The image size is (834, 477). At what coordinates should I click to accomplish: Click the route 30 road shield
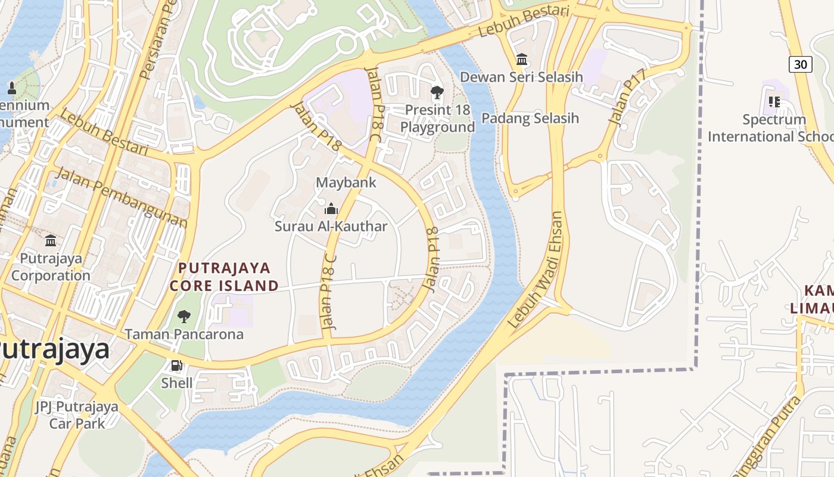point(801,64)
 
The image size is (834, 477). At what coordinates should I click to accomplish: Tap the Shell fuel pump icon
point(176,366)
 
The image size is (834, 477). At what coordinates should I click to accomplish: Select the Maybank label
point(346,182)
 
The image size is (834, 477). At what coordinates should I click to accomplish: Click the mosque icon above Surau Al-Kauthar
point(331,209)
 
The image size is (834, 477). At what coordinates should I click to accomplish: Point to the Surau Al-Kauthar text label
point(331,227)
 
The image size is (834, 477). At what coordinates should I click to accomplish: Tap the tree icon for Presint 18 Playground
point(437,92)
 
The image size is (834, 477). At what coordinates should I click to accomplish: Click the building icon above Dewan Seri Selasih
point(522,59)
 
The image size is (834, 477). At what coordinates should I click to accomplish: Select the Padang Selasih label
point(530,118)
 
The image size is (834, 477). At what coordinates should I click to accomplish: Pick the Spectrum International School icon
point(774,102)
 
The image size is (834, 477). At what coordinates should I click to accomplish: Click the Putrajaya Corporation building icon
point(51,241)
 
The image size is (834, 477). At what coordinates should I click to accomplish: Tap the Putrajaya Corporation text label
point(51,267)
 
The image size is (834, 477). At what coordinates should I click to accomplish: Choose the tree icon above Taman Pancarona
point(184,316)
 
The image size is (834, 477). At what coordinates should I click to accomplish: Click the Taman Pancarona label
point(184,334)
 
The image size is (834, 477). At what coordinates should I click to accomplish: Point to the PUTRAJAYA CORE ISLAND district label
point(224,277)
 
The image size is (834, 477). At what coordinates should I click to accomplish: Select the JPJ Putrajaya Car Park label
point(76,415)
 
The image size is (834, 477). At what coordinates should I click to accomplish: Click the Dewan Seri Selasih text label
point(521,77)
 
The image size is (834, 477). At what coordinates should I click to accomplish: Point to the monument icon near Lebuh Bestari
point(11,89)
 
